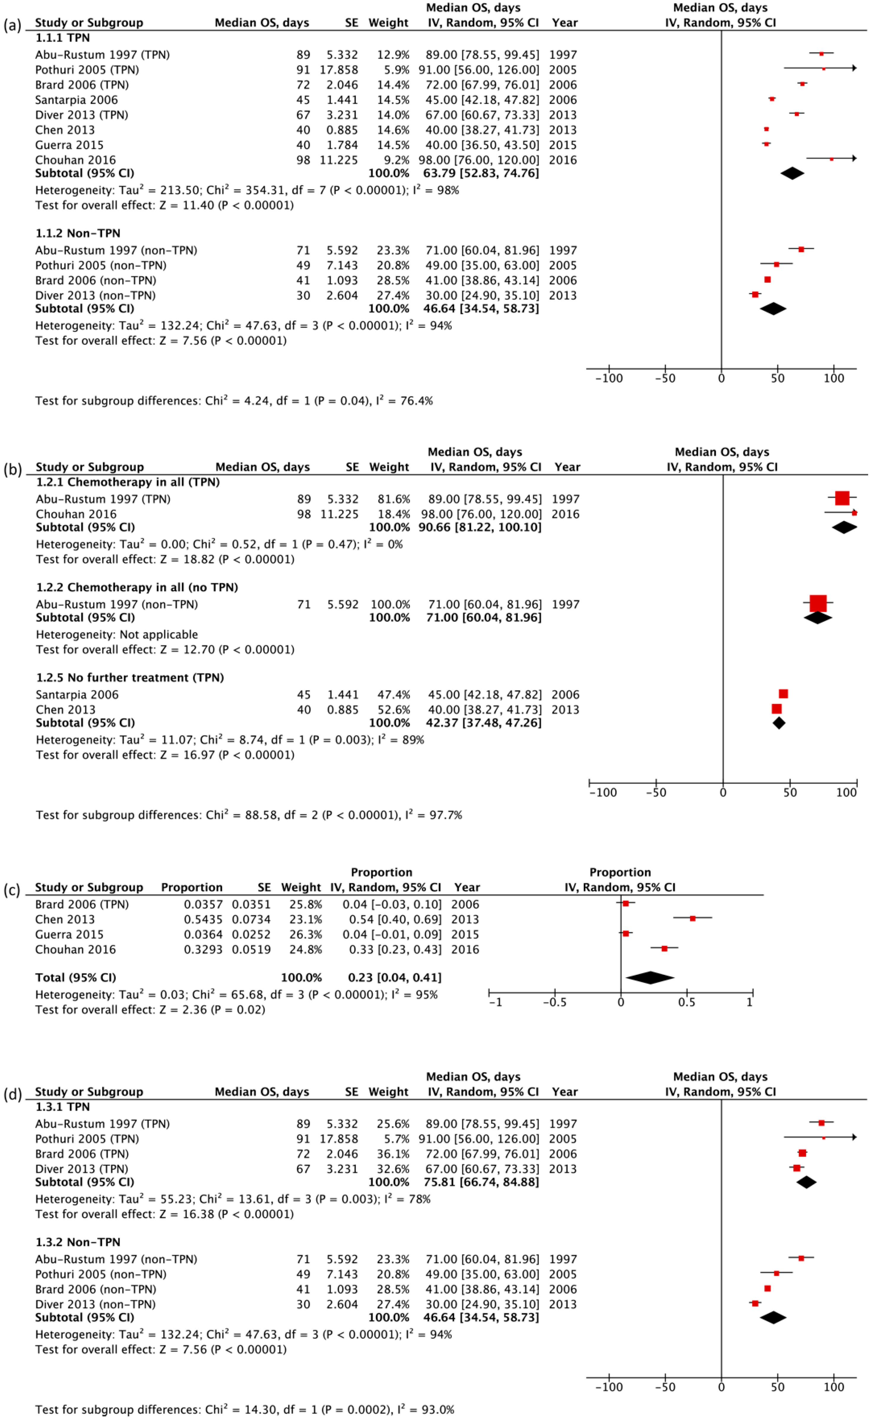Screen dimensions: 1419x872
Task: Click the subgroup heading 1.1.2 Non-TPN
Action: [x=78, y=233]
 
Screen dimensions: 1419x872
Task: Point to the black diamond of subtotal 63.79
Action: [x=792, y=173]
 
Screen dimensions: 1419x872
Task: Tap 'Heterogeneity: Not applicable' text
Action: [x=117, y=635]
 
